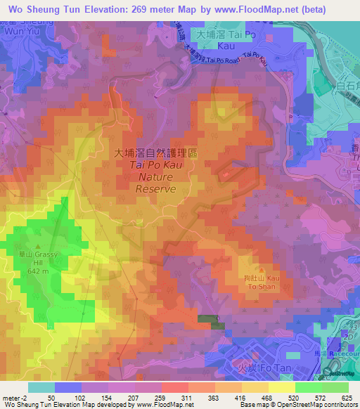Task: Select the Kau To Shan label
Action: pyautogui.click(x=259, y=280)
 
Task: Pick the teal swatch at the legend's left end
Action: pyautogui.click(x=41, y=387)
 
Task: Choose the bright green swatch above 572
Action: pyautogui.click(x=308, y=387)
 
